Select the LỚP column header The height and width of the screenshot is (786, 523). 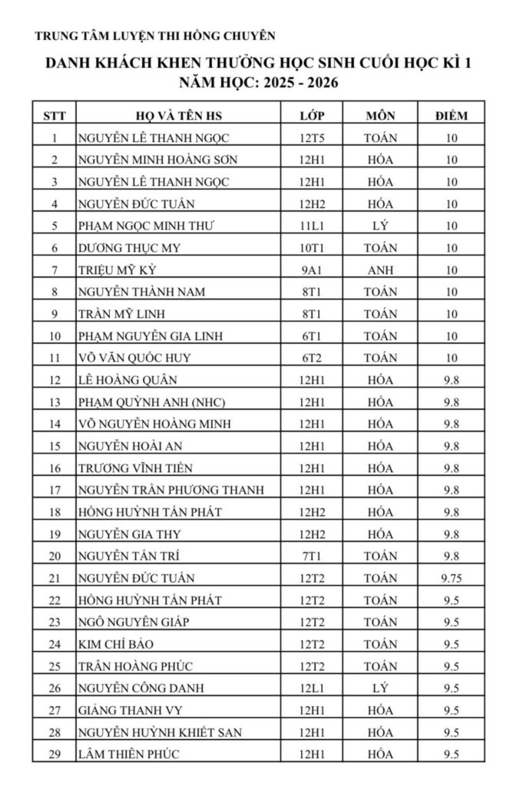pyautogui.click(x=313, y=116)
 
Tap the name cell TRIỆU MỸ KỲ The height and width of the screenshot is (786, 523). pyautogui.click(x=122, y=270)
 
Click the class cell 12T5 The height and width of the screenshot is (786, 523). pyautogui.click(x=313, y=138)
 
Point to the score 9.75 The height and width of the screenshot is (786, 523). pyautogui.click(x=451, y=578)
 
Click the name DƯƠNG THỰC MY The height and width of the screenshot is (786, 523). pyautogui.click(x=129, y=248)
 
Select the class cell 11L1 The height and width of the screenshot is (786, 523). pyautogui.click(x=313, y=226)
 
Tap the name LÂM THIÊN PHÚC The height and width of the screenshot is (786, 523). pyautogui.click(x=129, y=754)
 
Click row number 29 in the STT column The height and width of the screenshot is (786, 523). pyautogui.click(x=55, y=754)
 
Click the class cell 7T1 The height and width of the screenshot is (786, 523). pyautogui.click(x=313, y=556)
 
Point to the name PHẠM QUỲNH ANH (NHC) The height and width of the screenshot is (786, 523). pyautogui.click(x=152, y=401)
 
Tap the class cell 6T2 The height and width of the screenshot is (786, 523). pyautogui.click(x=313, y=358)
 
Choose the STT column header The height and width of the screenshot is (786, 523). pyautogui.click(x=55, y=116)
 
